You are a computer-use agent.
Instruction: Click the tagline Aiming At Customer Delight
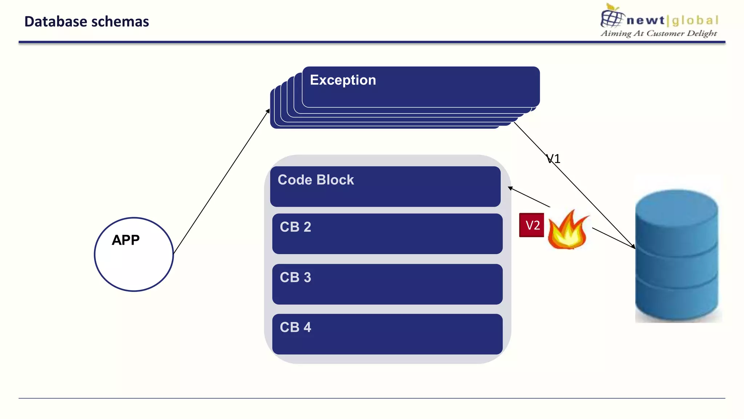point(659,33)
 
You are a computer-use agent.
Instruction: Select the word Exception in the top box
point(343,80)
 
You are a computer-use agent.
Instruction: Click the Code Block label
point(315,180)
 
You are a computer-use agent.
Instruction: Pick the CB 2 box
point(387,234)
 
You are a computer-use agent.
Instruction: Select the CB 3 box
point(387,284)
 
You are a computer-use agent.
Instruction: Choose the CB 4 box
point(387,334)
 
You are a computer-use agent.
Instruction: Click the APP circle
point(134,255)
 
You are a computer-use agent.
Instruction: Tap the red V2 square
point(531,225)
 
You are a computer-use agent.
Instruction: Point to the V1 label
point(554,159)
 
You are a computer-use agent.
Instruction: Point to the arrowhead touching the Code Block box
point(510,188)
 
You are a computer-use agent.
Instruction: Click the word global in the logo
point(695,20)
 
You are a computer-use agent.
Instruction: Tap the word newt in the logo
point(645,20)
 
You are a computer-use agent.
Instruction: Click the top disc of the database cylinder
point(676,204)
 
